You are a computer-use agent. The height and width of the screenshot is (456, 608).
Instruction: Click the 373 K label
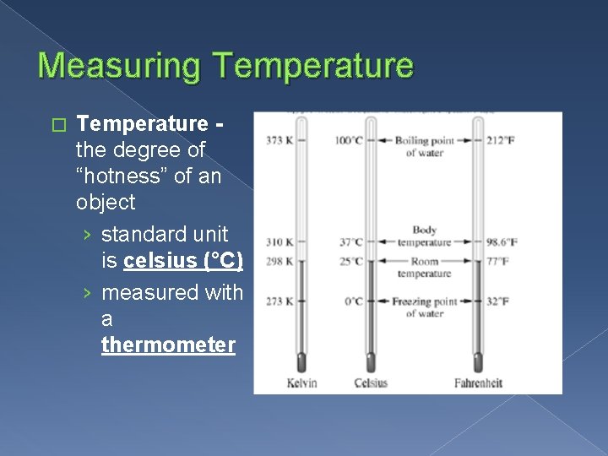click(278, 140)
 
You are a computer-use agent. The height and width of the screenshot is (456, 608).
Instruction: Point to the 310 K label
click(278, 242)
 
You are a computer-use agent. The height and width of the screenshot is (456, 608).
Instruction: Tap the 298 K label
click(278, 261)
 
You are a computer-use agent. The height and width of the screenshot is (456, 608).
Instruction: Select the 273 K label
click(278, 301)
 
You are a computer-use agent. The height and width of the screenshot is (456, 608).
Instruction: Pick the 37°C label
click(351, 242)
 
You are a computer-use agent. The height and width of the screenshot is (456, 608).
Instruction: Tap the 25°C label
click(351, 261)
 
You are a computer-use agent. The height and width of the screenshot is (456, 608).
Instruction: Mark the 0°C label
click(354, 301)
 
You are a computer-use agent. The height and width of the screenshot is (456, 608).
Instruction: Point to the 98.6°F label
click(502, 242)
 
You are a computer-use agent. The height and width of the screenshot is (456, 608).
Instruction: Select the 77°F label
click(498, 261)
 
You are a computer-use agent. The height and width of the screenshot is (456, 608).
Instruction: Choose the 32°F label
click(498, 301)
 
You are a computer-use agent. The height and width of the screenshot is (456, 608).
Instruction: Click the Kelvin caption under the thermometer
click(301, 383)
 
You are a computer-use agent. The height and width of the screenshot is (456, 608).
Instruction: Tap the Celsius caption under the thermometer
click(371, 383)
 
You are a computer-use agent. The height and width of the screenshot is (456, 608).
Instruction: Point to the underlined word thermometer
click(168, 345)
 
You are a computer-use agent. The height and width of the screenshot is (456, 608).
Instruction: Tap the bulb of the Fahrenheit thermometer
click(478, 362)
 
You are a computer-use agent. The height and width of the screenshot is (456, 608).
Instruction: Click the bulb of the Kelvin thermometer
click(301, 362)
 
